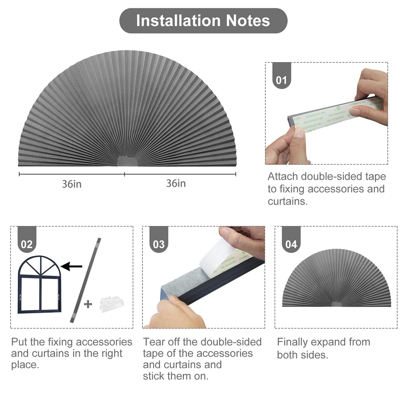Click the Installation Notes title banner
[203, 21]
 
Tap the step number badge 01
[282, 80]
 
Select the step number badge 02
[27, 244]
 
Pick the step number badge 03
[159, 244]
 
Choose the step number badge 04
[291, 244]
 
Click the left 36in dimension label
[72, 184]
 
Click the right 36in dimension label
[176, 184]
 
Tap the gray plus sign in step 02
[88, 304]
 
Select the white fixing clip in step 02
[112, 304]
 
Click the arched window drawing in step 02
[39, 284]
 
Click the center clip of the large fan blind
[127, 161]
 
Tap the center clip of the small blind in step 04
[336, 304]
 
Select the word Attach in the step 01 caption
[283, 177]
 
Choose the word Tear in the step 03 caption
[151, 342]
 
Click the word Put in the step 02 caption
[18, 342]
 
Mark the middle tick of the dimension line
[125, 174]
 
